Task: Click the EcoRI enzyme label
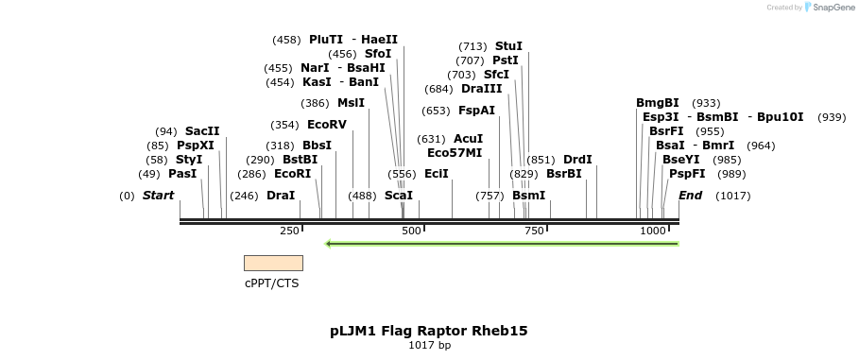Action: (x=292, y=174)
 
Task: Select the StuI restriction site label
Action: (x=508, y=46)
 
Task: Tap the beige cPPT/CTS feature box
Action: (x=273, y=263)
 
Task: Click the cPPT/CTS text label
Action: (x=272, y=283)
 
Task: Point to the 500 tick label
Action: (x=411, y=231)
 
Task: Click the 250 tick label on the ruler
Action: (x=289, y=231)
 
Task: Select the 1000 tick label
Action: (x=653, y=231)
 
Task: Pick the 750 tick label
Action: (x=534, y=231)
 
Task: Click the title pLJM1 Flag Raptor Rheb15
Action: (x=429, y=331)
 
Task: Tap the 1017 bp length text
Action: (x=429, y=345)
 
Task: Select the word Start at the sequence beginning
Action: (x=158, y=196)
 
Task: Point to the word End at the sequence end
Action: (x=690, y=196)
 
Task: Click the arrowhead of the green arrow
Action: (x=328, y=244)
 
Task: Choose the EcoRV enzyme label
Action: (x=327, y=125)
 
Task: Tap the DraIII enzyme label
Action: (x=482, y=89)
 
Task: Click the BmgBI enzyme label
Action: (x=658, y=103)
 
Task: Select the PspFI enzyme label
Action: (x=687, y=174)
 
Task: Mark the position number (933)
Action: (x=706, y=103)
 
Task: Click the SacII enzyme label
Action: (x=202, y=131)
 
